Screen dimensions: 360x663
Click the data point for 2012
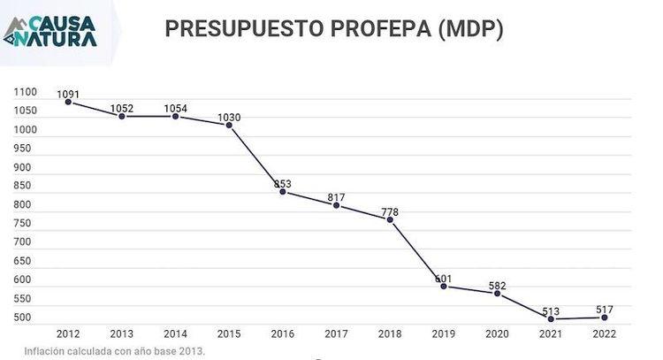(68, 102)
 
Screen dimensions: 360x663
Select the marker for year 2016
(283, 192)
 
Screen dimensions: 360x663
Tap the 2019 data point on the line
(444, 287)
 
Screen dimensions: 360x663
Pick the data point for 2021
(551, 319)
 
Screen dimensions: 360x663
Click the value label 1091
(68, 94)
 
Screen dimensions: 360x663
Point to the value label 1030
(229, 117)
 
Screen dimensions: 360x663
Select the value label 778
(390, 211)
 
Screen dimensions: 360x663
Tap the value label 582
(497, 285)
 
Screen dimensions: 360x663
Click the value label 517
(605, 310)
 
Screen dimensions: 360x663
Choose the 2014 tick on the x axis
(175, 334)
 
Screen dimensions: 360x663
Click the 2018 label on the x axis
(390, 334)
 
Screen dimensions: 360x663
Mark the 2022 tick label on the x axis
(605, 334)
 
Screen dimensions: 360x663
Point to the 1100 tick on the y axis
(26, 92)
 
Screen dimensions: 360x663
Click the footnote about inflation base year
(115, 351)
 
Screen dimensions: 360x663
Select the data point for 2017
(336, 205)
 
